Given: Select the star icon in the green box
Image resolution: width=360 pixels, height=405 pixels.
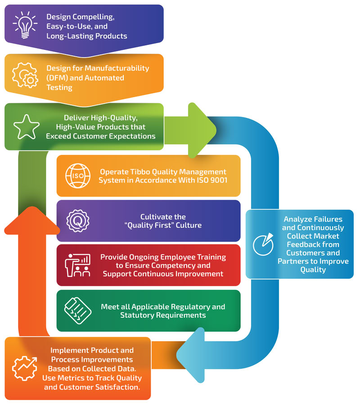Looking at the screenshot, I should coord(26,127).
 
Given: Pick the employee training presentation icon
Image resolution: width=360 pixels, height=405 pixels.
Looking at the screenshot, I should coord(77,265).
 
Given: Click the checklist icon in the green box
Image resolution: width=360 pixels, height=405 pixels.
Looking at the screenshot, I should coord(77,310).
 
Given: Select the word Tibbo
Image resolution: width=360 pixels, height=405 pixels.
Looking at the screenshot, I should coord(145,172).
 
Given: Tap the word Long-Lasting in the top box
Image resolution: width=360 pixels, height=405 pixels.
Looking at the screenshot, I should coord(68,36).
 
